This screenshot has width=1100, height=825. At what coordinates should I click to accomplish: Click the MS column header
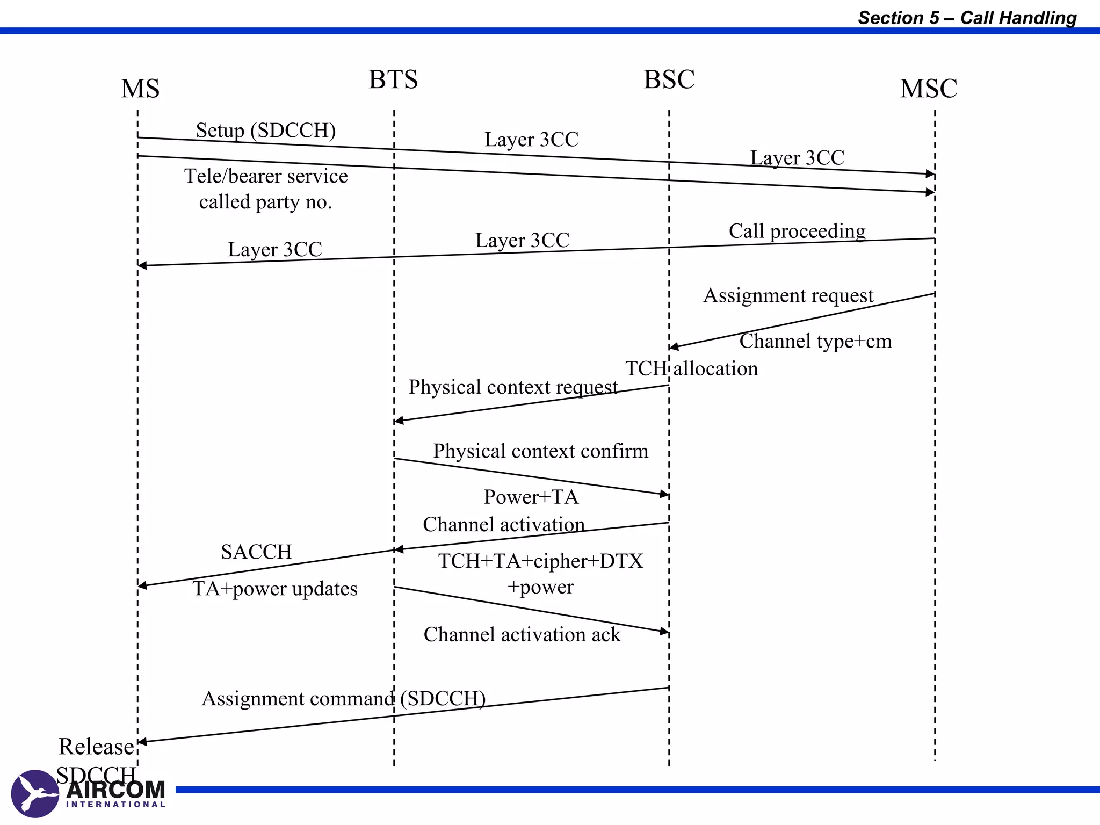(x=140, y=89)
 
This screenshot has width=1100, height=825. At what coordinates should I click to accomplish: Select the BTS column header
(x=393, y=79)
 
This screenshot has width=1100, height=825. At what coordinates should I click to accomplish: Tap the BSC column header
(x=669, y=79)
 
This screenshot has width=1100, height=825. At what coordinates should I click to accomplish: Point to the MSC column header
(x=928, y=89)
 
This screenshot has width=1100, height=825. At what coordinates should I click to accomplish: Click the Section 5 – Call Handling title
(x=967, y=18)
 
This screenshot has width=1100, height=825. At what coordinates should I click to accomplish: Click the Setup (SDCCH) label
(x=266, y=130)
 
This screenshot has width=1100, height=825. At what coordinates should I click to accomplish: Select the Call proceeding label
(x=797, y=231)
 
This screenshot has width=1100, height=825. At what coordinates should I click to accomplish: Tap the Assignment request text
(x=788, y=295)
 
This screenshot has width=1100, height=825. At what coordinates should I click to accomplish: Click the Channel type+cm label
(x=815, y=341)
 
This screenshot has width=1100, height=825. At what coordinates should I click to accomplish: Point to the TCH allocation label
(x=692, y=368)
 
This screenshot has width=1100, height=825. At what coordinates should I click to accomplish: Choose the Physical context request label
(x=513, y=387)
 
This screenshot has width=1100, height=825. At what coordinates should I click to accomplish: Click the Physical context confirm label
(x=540, y=451)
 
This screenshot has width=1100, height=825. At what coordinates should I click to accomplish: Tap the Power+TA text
(x=531, y=497)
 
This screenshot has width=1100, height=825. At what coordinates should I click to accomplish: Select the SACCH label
(x=256, y=552)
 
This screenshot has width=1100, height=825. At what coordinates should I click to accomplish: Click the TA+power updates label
(x=275, y=589)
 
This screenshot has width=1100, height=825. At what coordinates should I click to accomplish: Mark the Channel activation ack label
(x=522, y=635)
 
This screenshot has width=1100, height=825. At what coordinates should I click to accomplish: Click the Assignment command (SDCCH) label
(x=344, y=699)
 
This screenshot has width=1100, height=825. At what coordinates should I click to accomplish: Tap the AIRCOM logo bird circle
(x=35, y=793)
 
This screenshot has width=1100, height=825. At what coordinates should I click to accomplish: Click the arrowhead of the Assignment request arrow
(x=674, y=347)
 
